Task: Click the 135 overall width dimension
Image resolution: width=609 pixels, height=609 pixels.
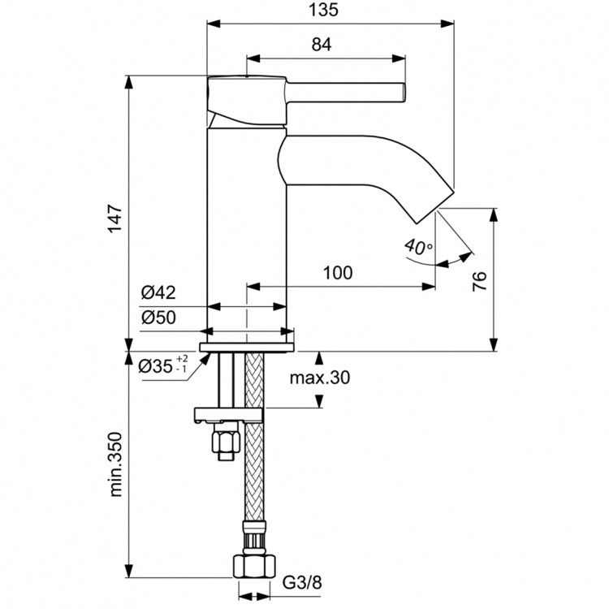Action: point(328,11)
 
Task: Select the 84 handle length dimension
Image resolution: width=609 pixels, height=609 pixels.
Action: point(322,45)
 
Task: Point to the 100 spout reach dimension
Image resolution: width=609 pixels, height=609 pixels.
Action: point(337,273)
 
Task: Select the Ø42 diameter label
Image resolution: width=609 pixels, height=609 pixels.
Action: point(158,293)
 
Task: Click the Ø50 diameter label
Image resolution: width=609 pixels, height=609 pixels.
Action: point(158,317)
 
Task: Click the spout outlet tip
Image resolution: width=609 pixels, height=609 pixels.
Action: point(430,208)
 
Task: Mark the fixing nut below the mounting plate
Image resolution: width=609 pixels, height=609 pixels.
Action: point(224,443)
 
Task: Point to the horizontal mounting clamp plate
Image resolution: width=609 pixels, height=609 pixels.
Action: point(228,416)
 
